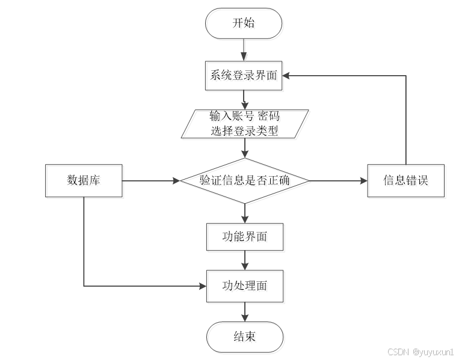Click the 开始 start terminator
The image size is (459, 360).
244,23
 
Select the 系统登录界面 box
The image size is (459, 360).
244,75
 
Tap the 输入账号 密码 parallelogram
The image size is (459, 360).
245,123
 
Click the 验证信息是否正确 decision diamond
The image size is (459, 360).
245,180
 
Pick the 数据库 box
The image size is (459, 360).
84,180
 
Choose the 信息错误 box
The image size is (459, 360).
406,180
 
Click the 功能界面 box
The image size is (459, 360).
245,237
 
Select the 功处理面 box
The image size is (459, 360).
245,285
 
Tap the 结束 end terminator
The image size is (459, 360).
244,337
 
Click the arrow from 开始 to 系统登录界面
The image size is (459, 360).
244,49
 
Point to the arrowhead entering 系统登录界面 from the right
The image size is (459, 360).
287,75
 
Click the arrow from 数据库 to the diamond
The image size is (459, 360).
150,180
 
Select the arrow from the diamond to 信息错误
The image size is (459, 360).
337,180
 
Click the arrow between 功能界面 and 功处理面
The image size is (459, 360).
245,260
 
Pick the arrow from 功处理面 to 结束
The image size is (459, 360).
245,311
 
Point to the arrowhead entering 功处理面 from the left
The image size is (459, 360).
202,285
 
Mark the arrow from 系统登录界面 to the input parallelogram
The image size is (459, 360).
244,100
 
